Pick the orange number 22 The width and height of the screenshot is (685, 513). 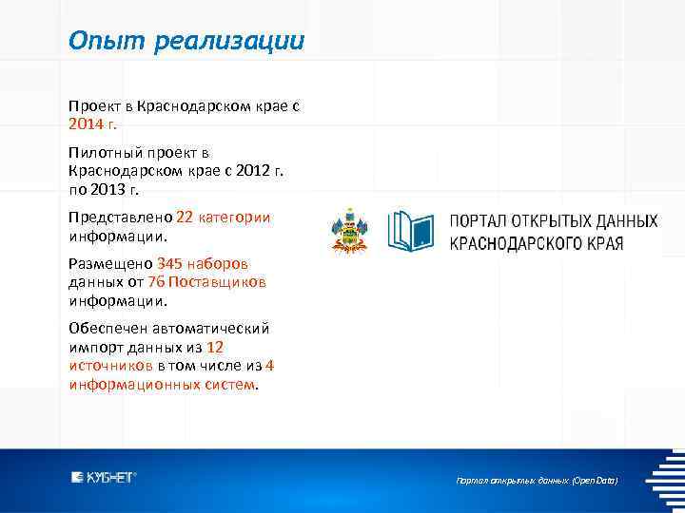tap(185, 217)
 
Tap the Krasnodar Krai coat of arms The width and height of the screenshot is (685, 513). tap(348, 231)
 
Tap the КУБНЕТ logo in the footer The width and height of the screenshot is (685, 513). tap(105, 476)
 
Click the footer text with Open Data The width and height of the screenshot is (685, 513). tap(537, 481)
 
